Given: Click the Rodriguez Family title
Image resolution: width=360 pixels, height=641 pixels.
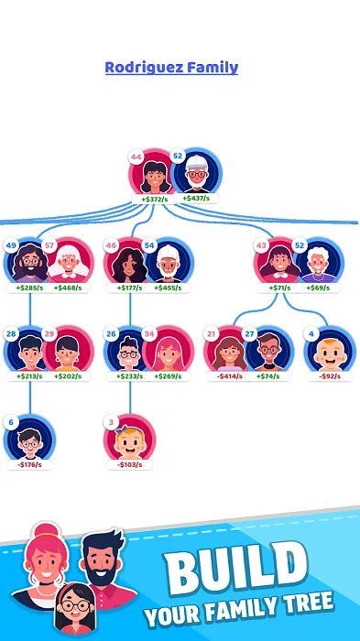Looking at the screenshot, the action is tap(171, 68).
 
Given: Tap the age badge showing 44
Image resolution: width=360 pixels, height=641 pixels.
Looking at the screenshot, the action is tap(136, 157).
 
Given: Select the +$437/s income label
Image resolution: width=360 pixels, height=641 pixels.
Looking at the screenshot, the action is tap(196, 199).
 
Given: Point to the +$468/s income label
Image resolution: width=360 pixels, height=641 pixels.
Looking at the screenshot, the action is tap(68, 288).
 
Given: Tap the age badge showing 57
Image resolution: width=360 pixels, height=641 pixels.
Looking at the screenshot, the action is tap(49, 245).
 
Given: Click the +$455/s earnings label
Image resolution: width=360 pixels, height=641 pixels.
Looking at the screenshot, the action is tap(169, 288).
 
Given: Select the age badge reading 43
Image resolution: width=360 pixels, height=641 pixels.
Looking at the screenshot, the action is tap(261, 245).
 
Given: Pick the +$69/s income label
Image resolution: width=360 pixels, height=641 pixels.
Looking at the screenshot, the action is tap(318, 288).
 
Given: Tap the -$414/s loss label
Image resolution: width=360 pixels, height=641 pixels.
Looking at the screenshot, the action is tap(229, 376).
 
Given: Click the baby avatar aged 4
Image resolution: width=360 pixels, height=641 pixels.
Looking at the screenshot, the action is tap(330, 351).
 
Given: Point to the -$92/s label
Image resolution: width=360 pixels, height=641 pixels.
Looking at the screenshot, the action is tap(330, 376).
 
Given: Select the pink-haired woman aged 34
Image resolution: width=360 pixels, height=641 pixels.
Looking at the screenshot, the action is tap(169, 351).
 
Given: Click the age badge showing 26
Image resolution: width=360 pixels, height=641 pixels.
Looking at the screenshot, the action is tap(111, 334).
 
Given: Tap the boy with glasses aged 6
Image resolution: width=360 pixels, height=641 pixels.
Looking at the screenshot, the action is tap(30, 439).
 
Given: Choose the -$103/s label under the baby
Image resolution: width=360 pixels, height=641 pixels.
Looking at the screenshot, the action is tap(129, 465).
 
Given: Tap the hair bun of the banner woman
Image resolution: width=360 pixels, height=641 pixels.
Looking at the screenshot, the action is tap(46, 529).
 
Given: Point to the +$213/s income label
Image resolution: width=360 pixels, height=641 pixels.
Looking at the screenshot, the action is tap(29, 376).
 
